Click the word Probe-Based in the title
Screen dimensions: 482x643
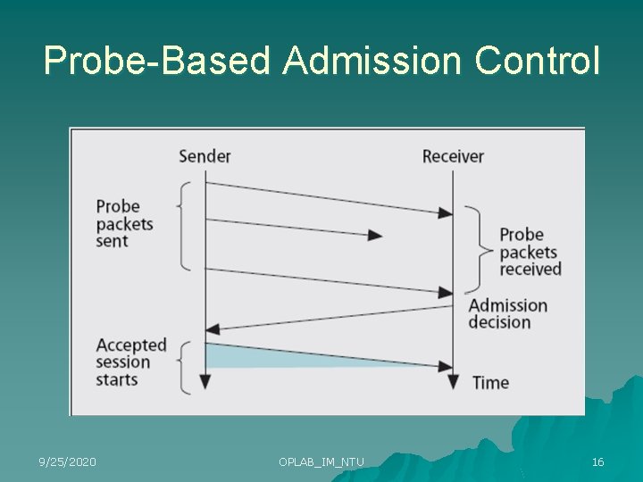(156, 61)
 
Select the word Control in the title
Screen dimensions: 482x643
(538, 61)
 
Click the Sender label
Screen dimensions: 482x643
(205, 156)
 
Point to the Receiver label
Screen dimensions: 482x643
(453, 156)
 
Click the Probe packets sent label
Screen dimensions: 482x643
(125, 223)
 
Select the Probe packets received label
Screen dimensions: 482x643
(530, 252)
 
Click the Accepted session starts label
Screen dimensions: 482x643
(130, 361)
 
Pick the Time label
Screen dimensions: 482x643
(490, 383)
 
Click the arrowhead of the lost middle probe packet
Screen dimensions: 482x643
(376, 236)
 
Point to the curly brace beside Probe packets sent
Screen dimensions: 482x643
(184, 224)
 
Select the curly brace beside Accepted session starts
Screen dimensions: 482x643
(184, 366)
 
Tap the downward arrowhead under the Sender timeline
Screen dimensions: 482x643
(205, 382)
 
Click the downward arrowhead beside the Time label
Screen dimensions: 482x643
(453, 382)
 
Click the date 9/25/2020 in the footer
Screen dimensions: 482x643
(67, 461)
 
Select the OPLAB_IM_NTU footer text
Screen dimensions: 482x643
(321, 461)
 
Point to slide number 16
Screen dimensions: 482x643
(597, 461)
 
